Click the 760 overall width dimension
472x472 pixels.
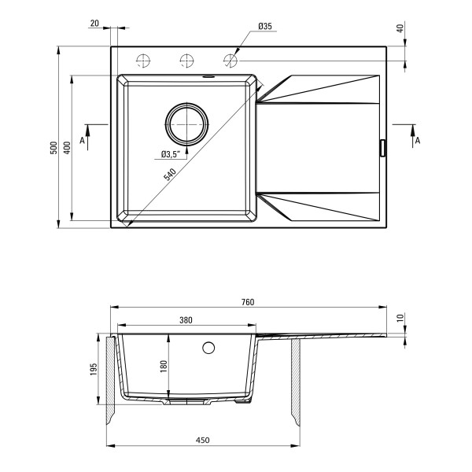(248, 302)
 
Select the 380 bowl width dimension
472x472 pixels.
(186, 320)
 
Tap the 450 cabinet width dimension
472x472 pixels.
(203, 440)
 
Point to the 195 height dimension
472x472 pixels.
(94, 369)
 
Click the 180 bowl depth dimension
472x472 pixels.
(164, 367)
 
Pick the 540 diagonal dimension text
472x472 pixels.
(170, 175)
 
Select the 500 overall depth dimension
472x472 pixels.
(53, 148)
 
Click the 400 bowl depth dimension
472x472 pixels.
(67, 148)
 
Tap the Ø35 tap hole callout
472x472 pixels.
(265, 27)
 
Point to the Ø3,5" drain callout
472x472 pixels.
(171, 154)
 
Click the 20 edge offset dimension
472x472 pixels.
(94, 23)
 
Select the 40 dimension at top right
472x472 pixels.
(400, 28)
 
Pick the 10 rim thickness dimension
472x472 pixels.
(400, 318)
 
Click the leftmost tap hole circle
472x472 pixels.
(143, 61)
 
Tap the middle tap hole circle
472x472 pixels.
(186, 61)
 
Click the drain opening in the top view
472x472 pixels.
(186, 124)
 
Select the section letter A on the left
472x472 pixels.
(82, 140)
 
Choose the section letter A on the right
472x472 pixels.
(418, 140)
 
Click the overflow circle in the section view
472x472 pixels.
(208, 348)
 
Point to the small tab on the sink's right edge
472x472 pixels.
(383, 148)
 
